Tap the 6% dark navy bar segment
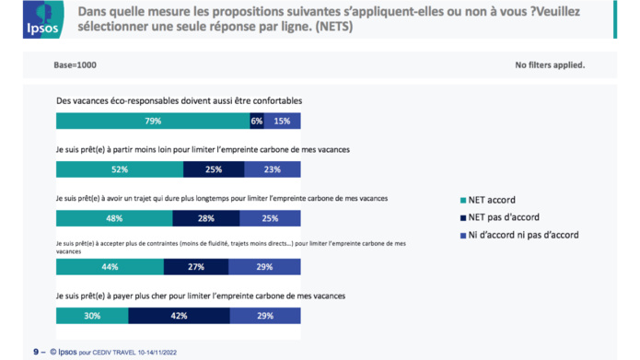click(256, 121)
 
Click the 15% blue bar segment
click(283, 121)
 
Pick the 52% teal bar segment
click(120, 169)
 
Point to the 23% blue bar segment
click(273, 169)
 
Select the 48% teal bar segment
click(114, 218)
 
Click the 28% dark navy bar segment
click(206, 218)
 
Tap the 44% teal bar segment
click(110, 267)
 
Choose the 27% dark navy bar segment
click(196, 267)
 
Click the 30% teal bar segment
click(92, 316)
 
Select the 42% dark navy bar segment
click(179, 316)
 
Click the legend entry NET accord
click(493, 200)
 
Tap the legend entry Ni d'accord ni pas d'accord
click(525, 235)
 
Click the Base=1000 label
click(76, 65)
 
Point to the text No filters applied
click(551, 65)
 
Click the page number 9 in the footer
click(35, 352)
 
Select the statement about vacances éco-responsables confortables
click(180, 99)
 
